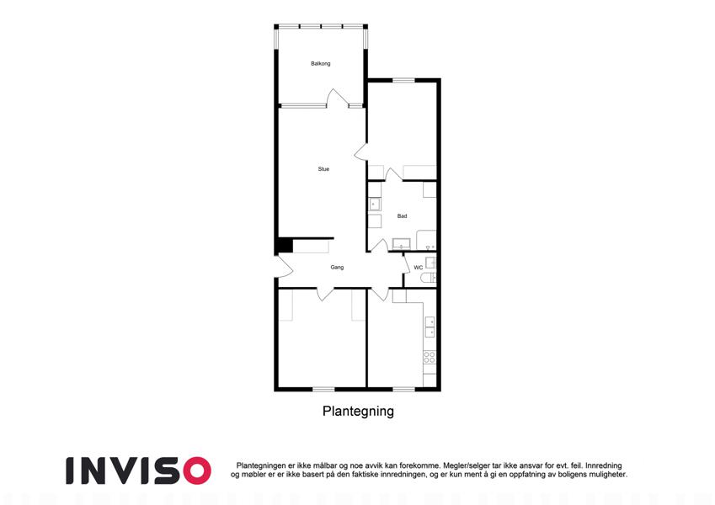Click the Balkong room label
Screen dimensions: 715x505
pos(321,64)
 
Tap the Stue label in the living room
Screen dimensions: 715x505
pos(323,169)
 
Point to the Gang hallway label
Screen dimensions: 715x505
pos(337,268)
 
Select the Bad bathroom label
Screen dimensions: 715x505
pos(402,216)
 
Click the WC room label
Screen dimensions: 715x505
pos(419,268)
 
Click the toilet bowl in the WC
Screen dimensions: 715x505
pos(428,279)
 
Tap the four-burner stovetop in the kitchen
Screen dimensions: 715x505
pos(430,357)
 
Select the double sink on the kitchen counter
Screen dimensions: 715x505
pos(430,327)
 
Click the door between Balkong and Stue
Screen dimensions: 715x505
pos(337,98)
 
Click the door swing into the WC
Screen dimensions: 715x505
pos(405,263)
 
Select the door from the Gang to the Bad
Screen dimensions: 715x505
pos(379,245)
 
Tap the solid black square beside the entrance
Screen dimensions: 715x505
pos(285,245)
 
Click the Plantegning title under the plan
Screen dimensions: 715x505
pos(358,411)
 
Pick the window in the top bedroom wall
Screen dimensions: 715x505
pos(403,81)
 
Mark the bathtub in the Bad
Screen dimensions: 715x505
pos(426,241)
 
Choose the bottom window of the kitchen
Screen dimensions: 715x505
pos(403,389)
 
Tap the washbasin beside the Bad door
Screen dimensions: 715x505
pos(401,244)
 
